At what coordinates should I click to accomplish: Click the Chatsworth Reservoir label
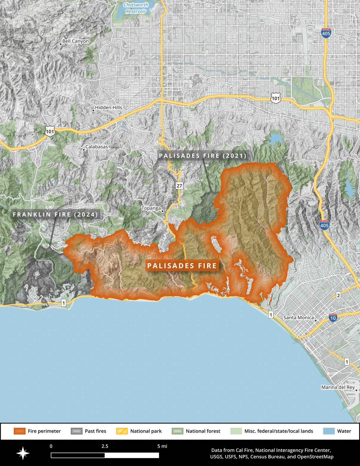click(136, 8)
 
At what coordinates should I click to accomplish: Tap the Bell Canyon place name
click(75, 41)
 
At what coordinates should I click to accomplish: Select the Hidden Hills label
click(108, 107)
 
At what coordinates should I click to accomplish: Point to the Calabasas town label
click(96, 147)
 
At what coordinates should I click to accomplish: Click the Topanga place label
click(151, 208)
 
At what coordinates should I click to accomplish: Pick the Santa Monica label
click(298, 317)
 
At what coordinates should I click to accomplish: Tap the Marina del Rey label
click(338, 387)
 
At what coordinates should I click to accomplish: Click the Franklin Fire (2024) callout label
click(55, 215)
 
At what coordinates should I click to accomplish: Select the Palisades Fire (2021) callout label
click(203, 156)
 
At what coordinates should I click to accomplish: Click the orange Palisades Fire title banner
click(182, 266)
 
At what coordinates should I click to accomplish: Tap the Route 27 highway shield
click(179, 186)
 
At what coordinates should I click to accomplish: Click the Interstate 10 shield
click(333, 317)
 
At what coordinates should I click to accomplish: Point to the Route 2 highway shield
click(338, 296)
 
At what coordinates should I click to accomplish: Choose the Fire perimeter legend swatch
click(19, 431)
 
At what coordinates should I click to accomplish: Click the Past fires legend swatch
click(76, 431)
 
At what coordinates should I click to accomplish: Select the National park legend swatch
click(122, 431)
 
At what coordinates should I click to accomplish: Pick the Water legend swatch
click(329, 431)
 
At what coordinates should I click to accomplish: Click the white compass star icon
click(23, 453)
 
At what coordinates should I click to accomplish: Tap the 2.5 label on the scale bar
click(105, 446)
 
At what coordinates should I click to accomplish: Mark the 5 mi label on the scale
click(162, 446)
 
